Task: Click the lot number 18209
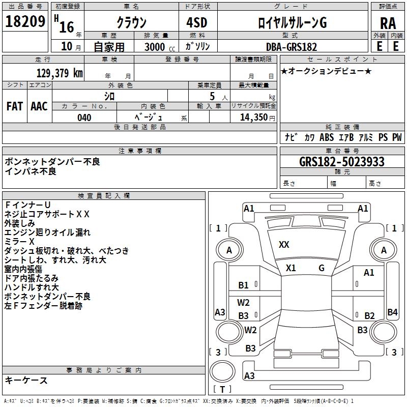[x=25, y=21]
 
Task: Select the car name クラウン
[x=131, y=23]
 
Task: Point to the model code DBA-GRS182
[x=292, y=47]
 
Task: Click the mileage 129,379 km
[x=60, y=73]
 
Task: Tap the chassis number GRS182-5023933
[x=342, y=162]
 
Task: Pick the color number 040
[x=84, y=118]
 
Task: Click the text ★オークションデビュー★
[x=326, y=71]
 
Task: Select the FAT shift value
[x=15, y=106]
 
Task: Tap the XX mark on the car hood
[x=284, y=245]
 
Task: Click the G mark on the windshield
[x=322, y=268]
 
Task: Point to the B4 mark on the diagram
[x=392, y=312]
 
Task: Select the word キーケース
[x=26, y=380]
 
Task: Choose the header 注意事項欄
[x=140, y=151]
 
